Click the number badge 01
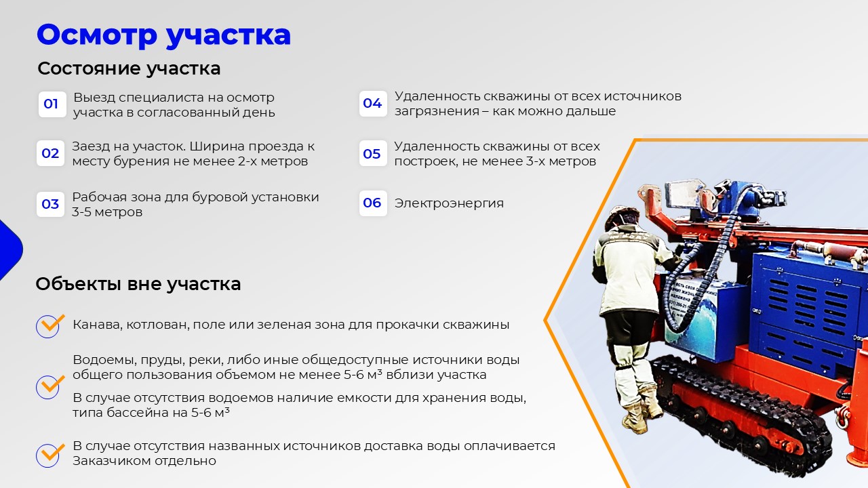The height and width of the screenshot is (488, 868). (x=52, y=104)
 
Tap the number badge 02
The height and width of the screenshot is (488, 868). (x=50, y=153)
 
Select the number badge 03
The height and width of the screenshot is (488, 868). (x=50, y=204)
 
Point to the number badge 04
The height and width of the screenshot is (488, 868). (x=373, y=104)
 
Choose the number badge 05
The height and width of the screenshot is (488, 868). (x=373, y=153)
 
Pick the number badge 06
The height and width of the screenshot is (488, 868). (x=373, y=203)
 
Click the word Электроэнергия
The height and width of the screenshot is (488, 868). (x=449, y=203)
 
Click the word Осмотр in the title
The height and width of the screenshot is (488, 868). (x=97, y=35)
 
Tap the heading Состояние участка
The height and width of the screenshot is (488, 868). (x=129, y=68)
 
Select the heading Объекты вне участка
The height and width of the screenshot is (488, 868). (x=138, y=284)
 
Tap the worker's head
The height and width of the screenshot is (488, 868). (x=623, y=218)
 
